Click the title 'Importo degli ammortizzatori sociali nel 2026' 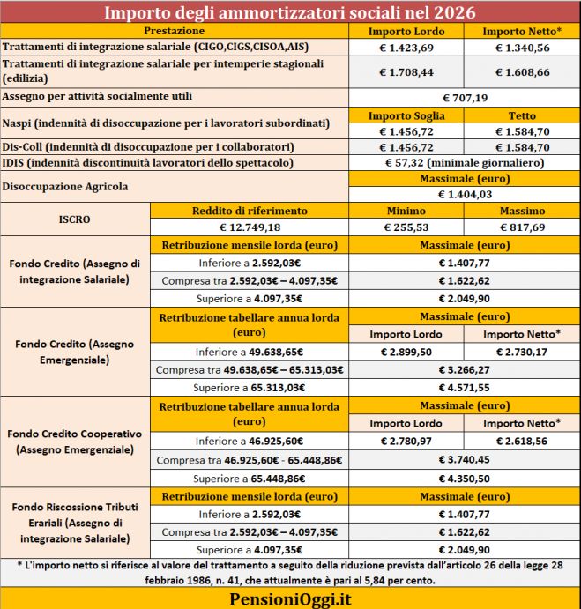point(290,12)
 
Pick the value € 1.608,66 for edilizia point(522,71)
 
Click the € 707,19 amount point(464,96)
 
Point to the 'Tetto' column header point(522,115)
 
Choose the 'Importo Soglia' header point(406,115)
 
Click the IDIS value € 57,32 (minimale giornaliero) point(464,163)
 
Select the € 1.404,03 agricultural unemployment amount point(464,194)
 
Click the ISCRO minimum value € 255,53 point(406,227)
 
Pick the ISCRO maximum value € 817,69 point(522,227)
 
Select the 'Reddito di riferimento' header point(250,211)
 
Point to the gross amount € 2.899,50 point(406,352)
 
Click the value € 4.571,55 point(464,387)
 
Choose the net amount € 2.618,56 point(522,441)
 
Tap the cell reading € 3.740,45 point(464,459)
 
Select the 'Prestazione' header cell point(175,31)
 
